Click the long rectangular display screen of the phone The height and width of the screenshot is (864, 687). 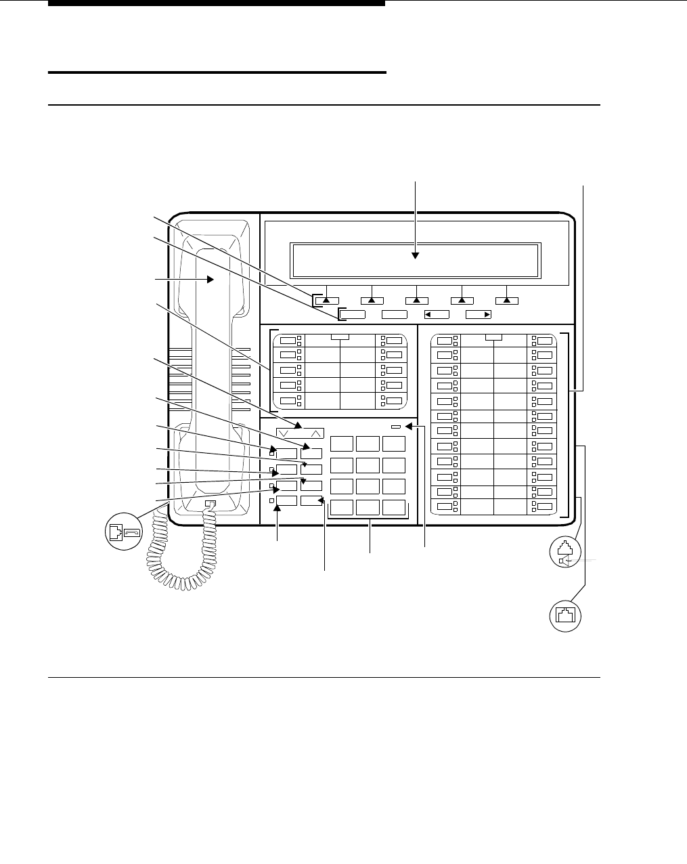tap(415, 261)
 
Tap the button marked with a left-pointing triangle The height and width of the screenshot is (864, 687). tap(437, 314)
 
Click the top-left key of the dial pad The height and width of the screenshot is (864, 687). tap(342, 444)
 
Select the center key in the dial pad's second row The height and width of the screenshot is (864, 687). tap(368, 465)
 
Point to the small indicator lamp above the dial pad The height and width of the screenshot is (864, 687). tap(396, 427)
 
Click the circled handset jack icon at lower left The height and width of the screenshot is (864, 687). tap(124, 532)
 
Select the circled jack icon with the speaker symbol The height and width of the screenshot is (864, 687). tap(564, 550)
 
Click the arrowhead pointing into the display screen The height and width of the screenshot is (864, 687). tap(415, 256)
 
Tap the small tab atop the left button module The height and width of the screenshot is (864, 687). tap(340, 336)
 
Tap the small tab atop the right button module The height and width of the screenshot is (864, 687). tap(493, 336)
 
